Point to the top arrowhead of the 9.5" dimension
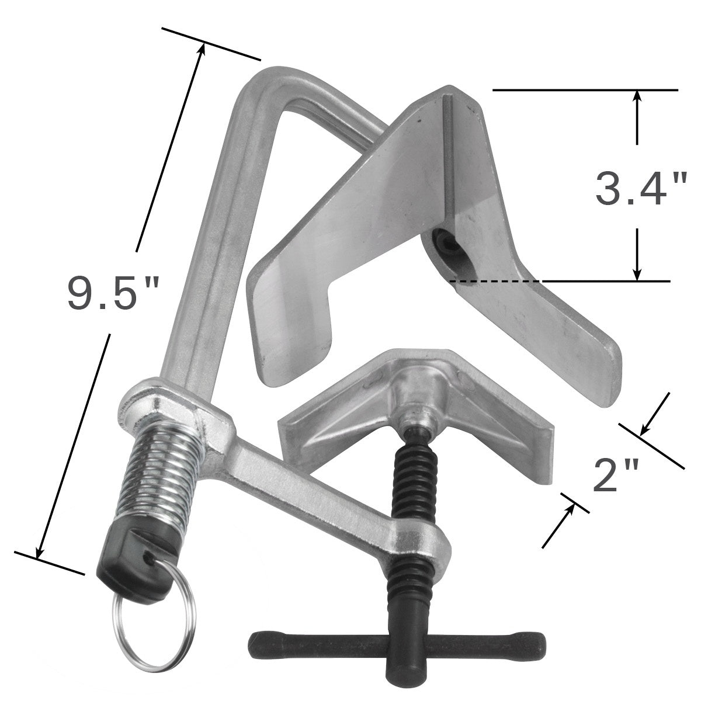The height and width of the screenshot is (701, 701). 202,49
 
